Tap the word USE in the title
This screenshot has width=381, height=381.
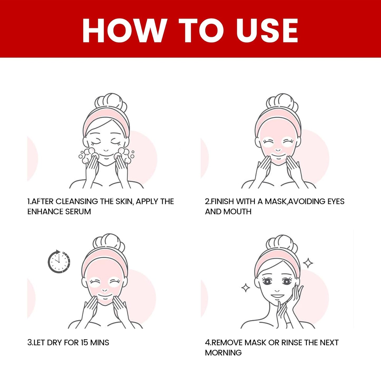pyautogui.click(x=267, y=30)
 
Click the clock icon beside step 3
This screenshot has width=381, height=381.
pyautogui.click(x=59, y=262)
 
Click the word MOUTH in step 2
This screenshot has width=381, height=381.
pyautogui.click(x=237, y=211)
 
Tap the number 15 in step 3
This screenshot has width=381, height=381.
pyautogui.click(x=84, y=343)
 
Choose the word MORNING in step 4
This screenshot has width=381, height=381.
pyautogui.click(x=223, y=353)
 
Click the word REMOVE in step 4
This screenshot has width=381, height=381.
pyautogui.click(x=228, y=343)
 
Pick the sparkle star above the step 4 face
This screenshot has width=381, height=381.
pyautogui.click(x=308, y=263)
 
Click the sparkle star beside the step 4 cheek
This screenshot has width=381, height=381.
pyautogui.click(x=246, y=288)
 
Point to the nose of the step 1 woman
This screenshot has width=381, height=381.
pyautogui.click(x=106, y=150)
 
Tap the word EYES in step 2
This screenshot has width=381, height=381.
pyautogui.click(x=336, y=201)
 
